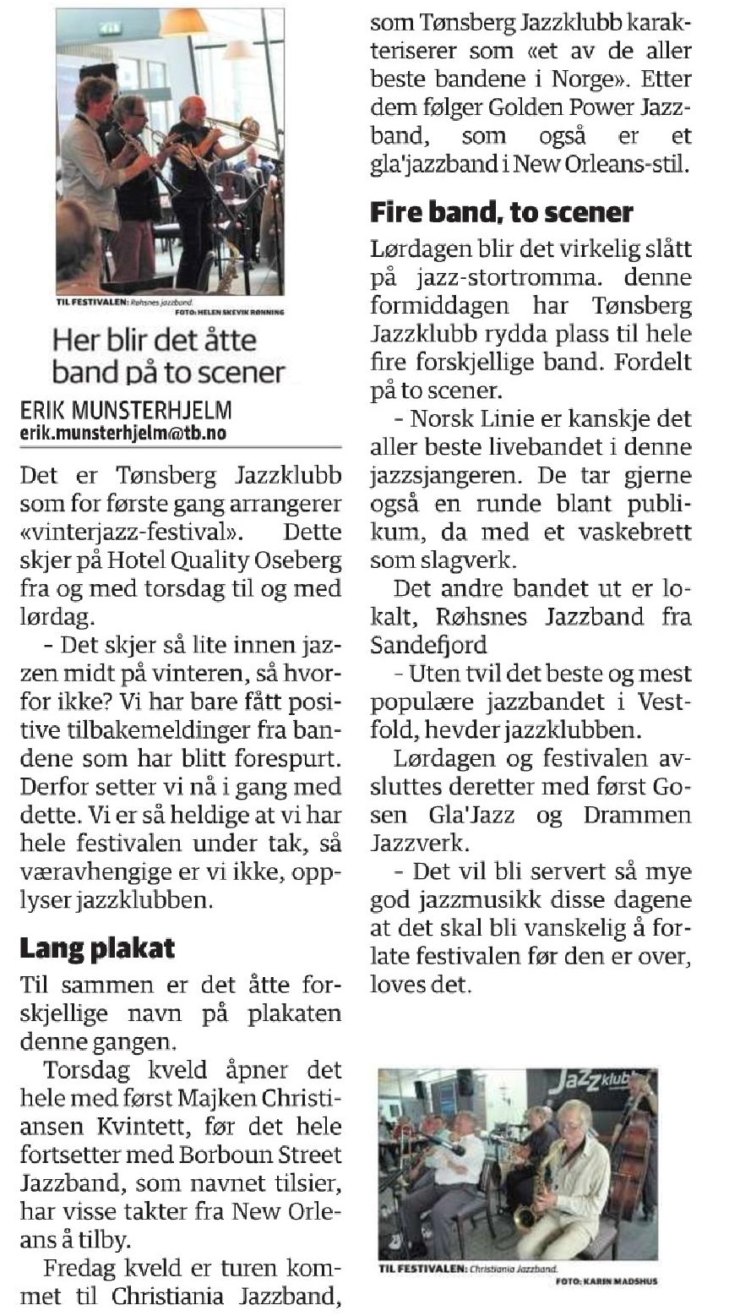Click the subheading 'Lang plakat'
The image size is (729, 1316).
click(97, 947)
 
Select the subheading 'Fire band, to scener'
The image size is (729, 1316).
click(502, 211)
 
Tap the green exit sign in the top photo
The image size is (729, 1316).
click(109, 27)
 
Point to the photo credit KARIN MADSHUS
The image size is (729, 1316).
click(607, 1281)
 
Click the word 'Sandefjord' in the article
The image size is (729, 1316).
click(427, 645)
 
